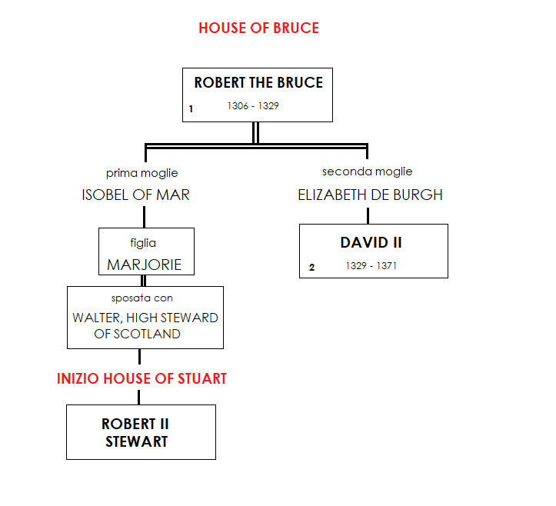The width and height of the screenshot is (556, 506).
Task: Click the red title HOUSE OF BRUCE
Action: (x=258, y=28)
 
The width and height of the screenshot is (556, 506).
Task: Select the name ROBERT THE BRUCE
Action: (x=258, y=83)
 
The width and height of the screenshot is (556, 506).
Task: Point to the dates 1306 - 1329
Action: (x=253, y=106)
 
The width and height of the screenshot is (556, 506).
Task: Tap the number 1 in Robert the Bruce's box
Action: (x=191, y=109)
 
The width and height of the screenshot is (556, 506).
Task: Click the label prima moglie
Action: (x=141, y=173)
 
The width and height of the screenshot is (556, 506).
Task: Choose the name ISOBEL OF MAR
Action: (x=135, y=195)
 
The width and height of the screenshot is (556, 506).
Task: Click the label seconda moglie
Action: (x=367, y=171)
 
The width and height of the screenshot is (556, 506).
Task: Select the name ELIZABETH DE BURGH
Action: (x=370, y=195)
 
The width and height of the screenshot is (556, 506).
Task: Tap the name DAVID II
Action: (x=371, y=243)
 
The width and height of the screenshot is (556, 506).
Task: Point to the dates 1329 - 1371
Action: (x=371, y=266)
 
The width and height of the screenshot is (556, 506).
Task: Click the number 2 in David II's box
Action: (x=311, y=268)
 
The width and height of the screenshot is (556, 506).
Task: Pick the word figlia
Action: (x=143, y=243)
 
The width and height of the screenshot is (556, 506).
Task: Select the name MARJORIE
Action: (x=145, y=265)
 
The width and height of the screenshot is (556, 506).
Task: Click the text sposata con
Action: (x=142, y=298)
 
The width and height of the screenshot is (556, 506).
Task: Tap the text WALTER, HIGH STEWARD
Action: (x=145, y=318)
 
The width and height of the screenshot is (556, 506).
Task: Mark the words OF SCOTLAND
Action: (x=138, y=335)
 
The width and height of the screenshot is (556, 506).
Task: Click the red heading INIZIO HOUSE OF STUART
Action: (x=141, y=379)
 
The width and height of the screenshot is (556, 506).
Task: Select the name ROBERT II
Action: (x=135, y=424)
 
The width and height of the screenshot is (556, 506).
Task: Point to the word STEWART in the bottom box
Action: (x=136, y=441)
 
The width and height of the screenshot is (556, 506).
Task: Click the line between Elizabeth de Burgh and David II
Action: (x=368, y=215)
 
